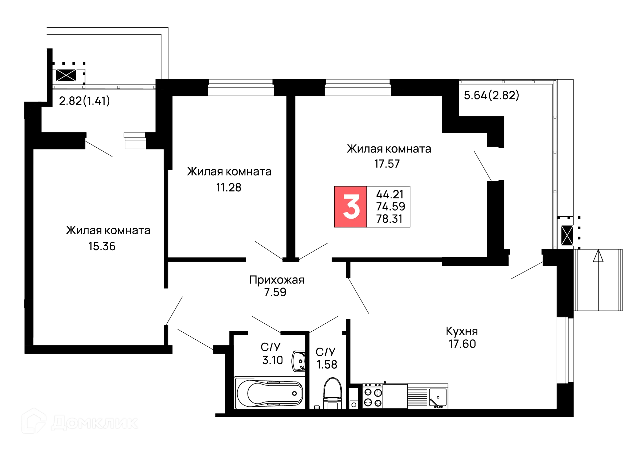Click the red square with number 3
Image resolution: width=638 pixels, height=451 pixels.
351,207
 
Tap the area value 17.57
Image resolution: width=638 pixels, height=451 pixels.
387,164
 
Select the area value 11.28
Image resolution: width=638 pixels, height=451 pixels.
229,187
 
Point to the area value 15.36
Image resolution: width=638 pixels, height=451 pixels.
102,246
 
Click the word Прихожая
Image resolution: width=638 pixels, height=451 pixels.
277,280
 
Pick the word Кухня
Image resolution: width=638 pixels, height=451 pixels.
462,331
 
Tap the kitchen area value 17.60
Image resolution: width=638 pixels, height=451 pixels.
462,343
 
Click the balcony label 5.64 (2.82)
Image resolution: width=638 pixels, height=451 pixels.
491,96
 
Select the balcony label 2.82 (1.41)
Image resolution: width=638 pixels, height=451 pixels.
84,101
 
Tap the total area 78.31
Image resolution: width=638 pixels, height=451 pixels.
389,219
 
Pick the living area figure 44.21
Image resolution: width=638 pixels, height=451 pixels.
389,194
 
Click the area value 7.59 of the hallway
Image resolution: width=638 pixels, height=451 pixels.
275,292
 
